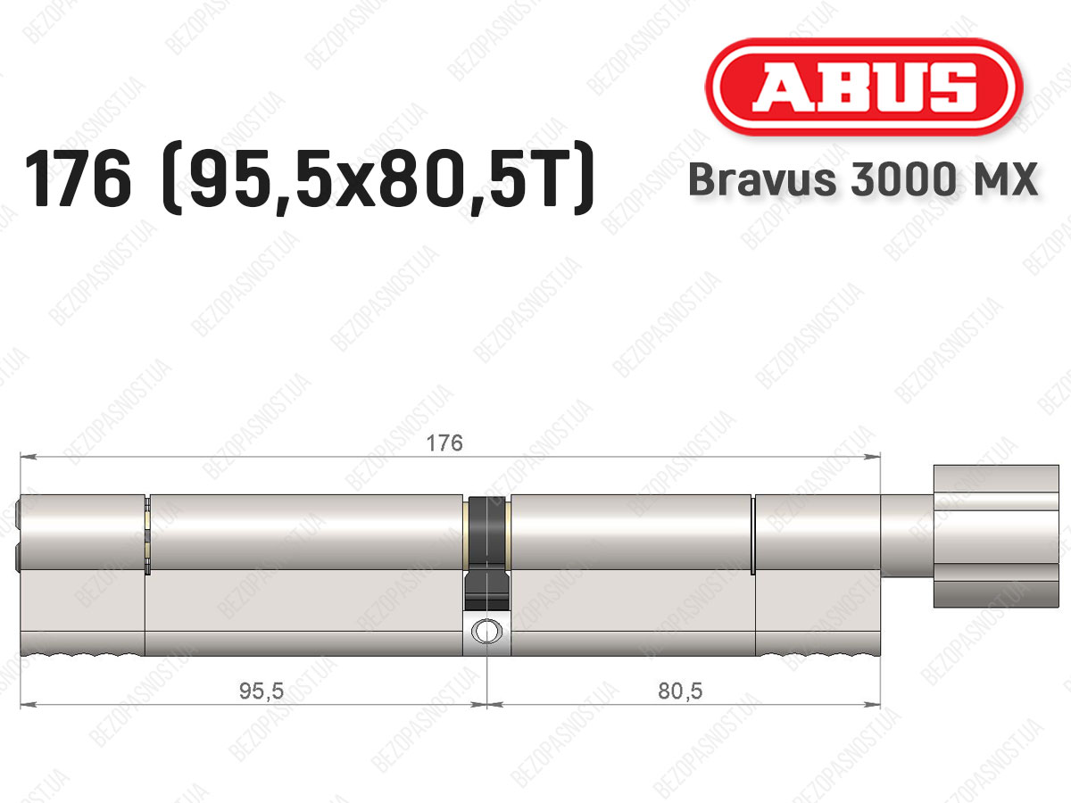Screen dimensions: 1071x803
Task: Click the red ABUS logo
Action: pos(864,87)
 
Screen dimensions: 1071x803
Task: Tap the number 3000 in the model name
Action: pos(902,179)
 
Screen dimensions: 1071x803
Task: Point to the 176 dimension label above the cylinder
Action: pos(444,443)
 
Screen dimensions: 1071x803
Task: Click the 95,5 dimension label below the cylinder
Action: pos(262,691)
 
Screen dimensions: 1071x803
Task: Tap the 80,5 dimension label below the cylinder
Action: pos(680,691)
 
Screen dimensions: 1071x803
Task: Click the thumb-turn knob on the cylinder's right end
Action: pos(996,536)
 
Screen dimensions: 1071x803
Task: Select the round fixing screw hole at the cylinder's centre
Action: pos(486,631)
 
